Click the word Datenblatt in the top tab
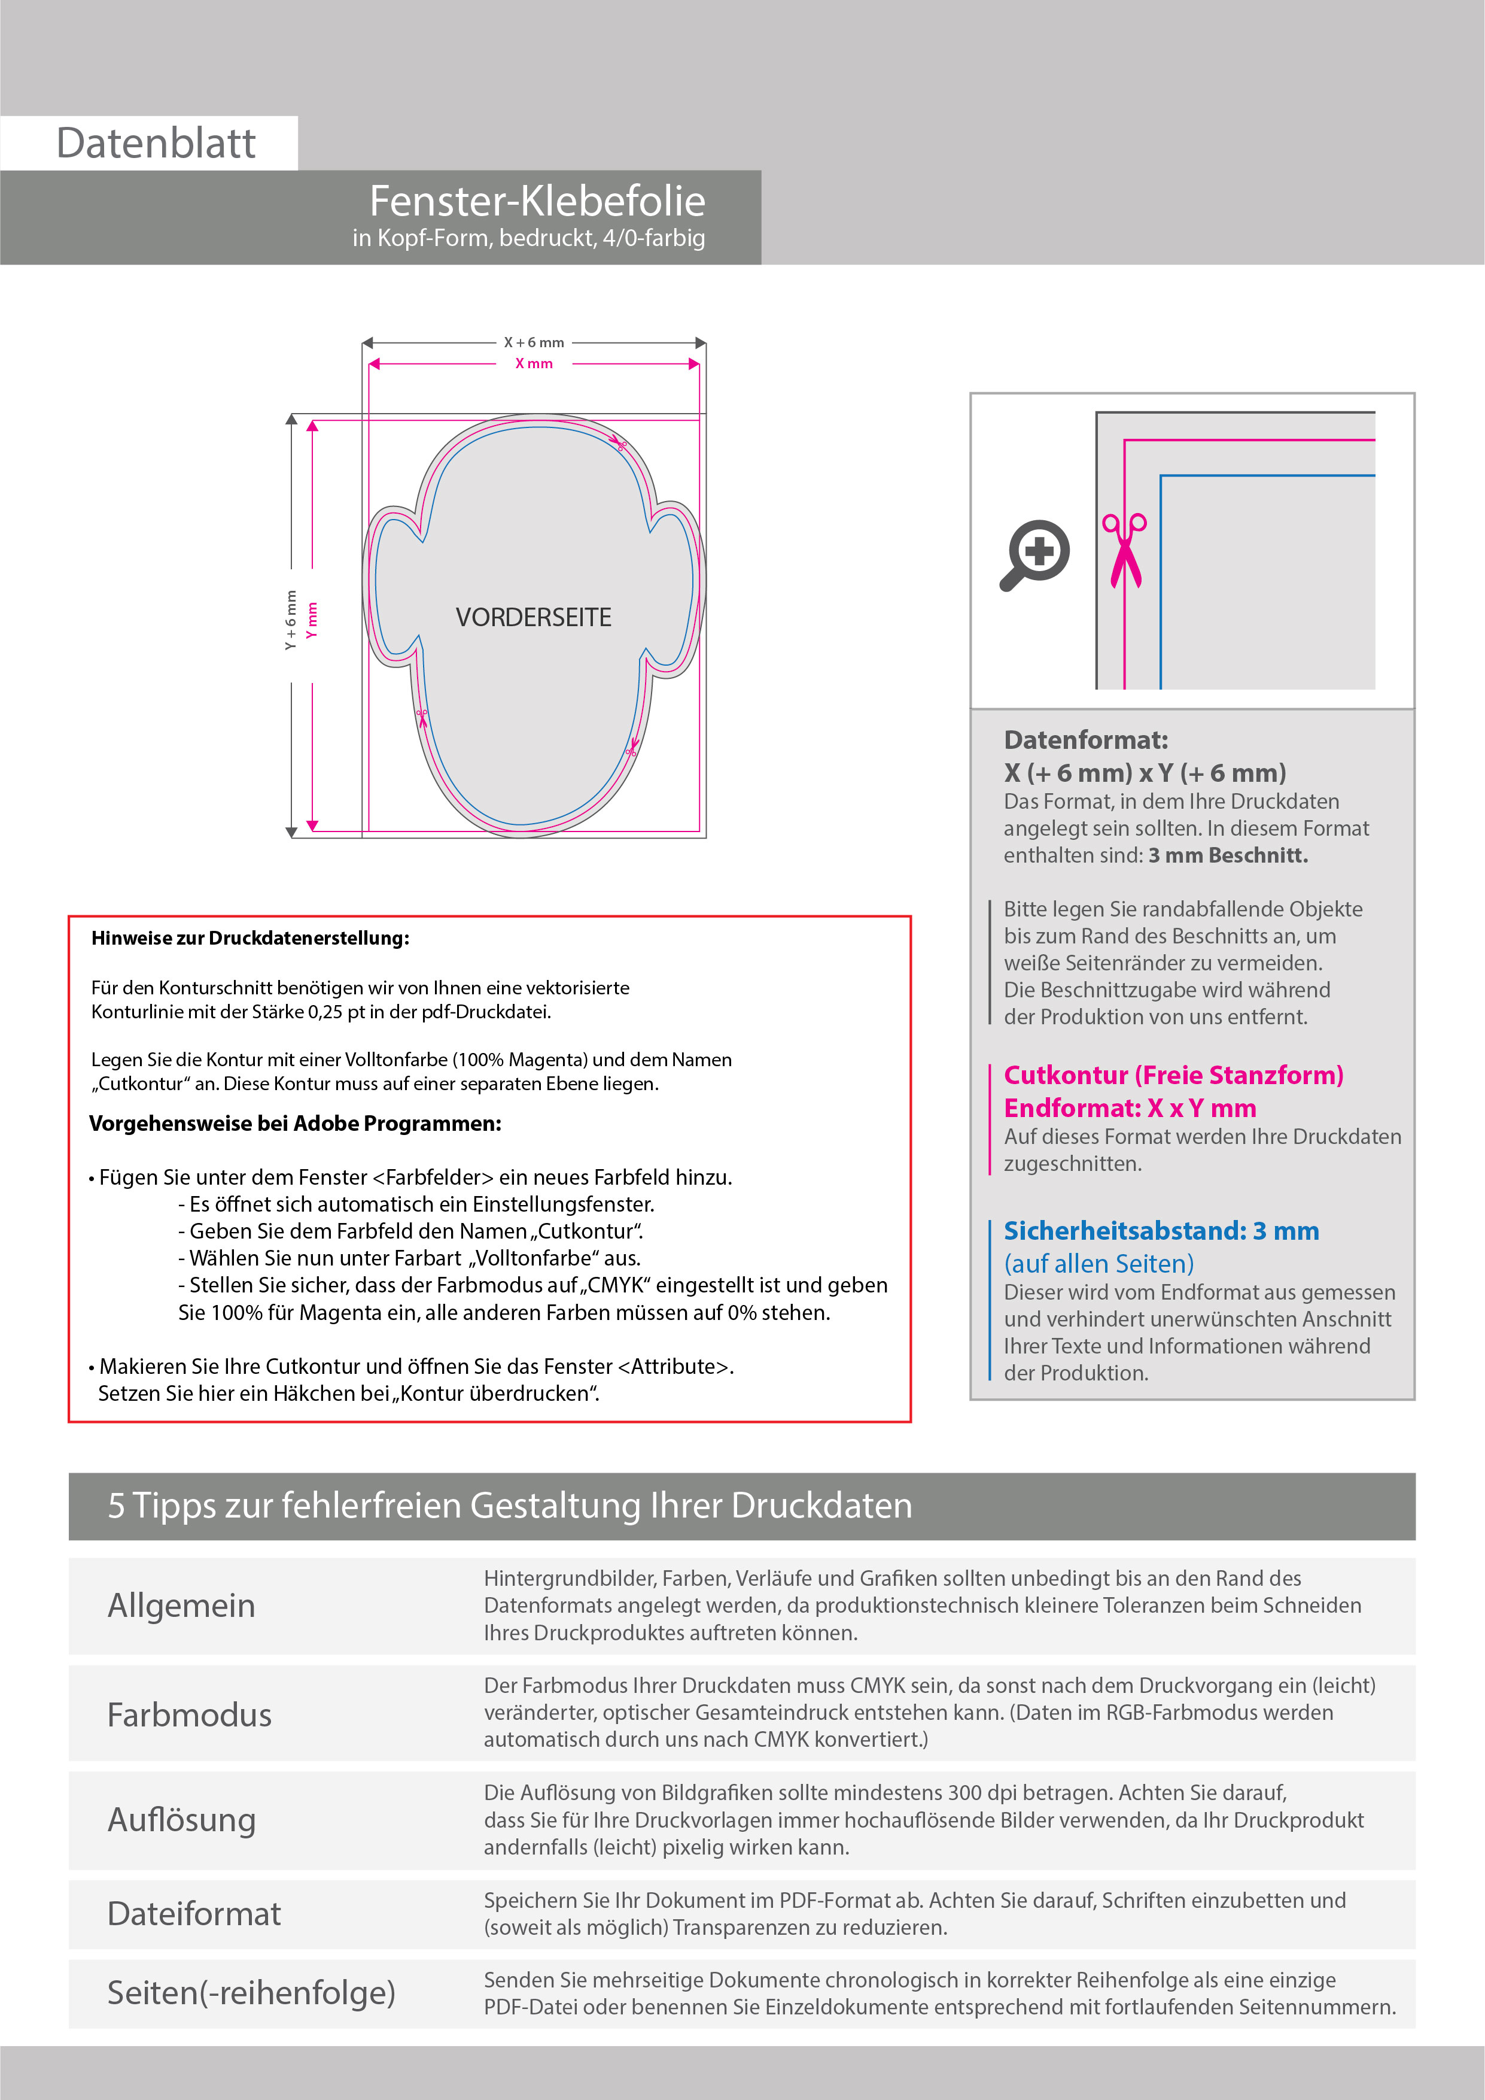pos(156,144)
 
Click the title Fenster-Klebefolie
pos(537,201)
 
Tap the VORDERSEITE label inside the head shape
pos(533,617)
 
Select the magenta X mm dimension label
pos(534,364)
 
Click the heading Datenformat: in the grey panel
pos(1085,740)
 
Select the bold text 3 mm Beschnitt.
pos(1228,856)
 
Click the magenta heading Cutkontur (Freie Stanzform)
pos(1173,1076)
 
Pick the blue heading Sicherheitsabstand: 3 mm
pos(1161,1231)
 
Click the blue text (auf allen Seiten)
pos(1098,1264)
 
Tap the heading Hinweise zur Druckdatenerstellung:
pos(249,939)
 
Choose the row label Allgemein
pos(181,1606)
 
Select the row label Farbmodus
pos(189,1715)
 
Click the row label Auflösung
pos(181,1820)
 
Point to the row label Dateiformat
pos(194,1914)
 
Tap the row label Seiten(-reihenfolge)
pos(251,1993)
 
